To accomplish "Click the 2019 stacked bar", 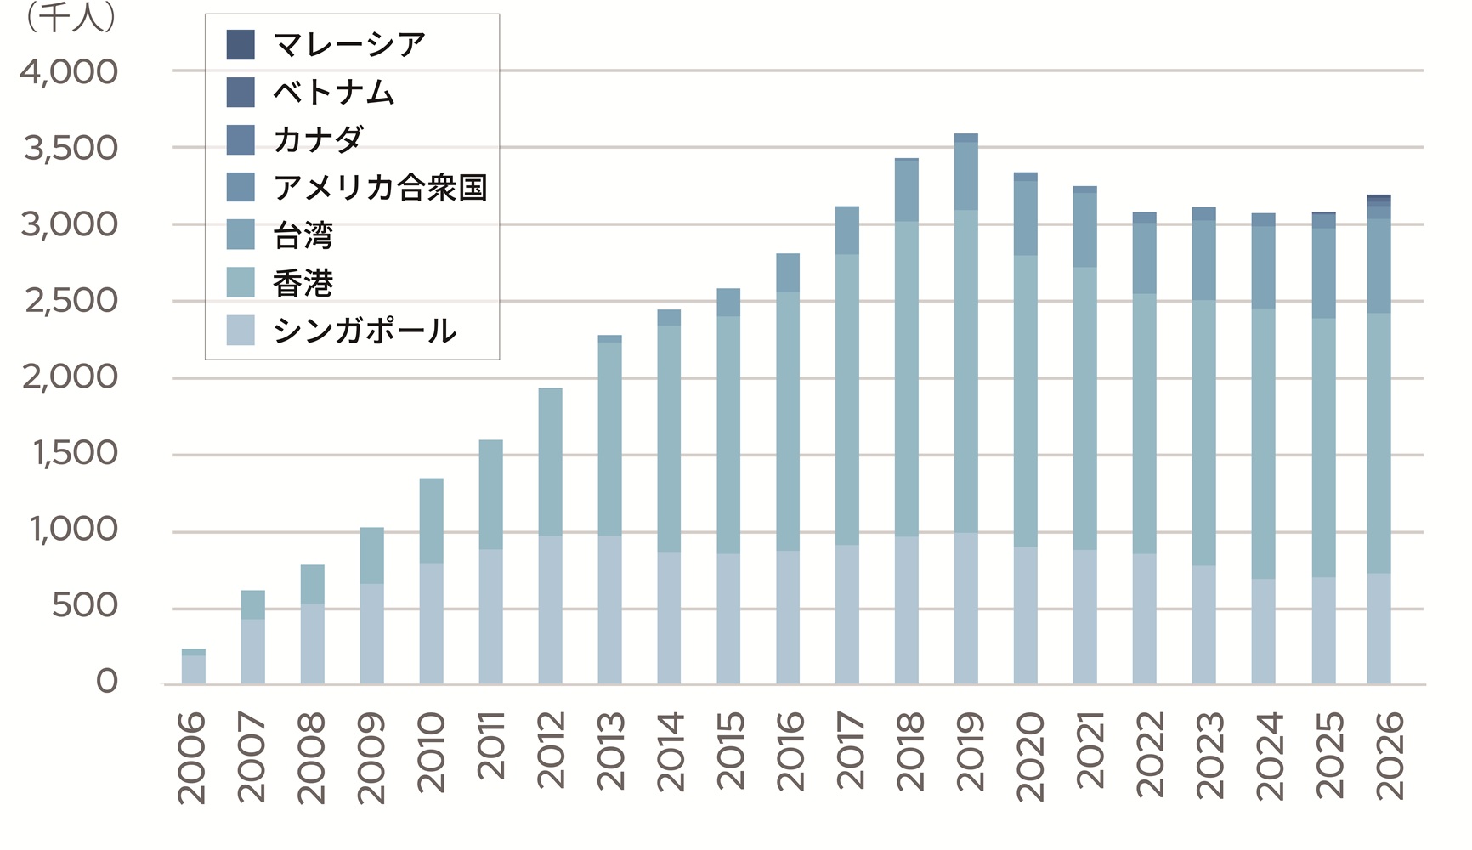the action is point(965,409).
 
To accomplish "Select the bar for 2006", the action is point(193,666).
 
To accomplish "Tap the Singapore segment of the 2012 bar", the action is point(550,609).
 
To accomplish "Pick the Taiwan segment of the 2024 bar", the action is point(1264,267).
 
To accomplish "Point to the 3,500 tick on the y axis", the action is point(71,148).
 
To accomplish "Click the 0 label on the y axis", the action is point(106,681).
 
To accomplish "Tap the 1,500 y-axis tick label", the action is point(75,453).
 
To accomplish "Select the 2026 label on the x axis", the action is point(1390,755).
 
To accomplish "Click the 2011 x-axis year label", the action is point(491,745).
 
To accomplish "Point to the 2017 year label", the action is point(850,751).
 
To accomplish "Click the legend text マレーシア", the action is point(349,44).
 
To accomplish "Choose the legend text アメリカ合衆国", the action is point(380,187).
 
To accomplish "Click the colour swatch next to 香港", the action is point(241,283).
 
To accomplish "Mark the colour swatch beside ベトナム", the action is point(241,92).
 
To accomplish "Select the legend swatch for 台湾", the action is point(241,235).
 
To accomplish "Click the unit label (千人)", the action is point(71,19).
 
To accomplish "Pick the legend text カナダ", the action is point(319,139).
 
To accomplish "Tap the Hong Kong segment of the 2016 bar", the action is point(788,422).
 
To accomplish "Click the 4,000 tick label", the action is point(69,71).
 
